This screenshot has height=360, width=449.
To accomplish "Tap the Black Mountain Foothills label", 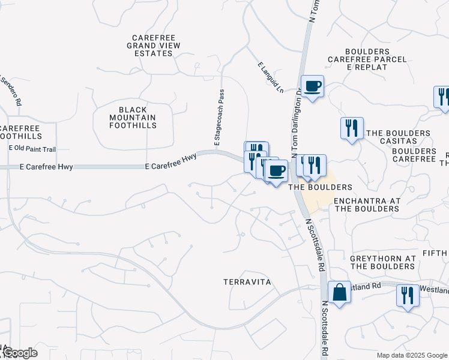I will click(129, 117).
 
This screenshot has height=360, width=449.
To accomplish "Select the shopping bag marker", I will click(339, 293).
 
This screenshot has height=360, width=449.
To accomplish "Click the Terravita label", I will click(247, 281).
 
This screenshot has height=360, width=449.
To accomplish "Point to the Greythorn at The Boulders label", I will click(383, 262).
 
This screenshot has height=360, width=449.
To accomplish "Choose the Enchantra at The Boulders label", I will click(366, 205).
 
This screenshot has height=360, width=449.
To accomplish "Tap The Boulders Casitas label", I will click(398, 137).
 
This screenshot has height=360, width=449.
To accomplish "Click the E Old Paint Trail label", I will click(32, 149).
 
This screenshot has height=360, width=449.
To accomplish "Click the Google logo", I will click(20, 353).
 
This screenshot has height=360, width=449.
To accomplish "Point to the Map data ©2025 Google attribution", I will click(411, 355).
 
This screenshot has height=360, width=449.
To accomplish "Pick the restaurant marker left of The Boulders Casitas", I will click(352, 128).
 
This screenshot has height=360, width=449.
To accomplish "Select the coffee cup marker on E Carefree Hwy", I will click(276, 171).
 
